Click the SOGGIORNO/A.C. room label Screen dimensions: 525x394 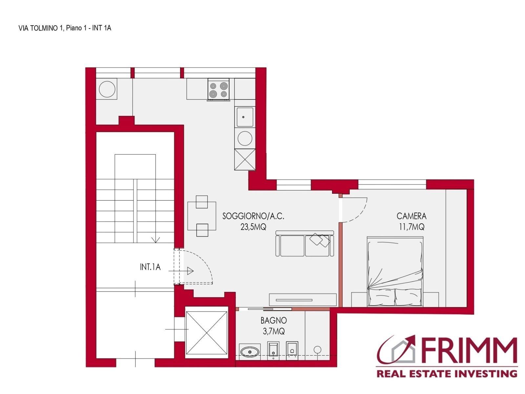tap(253, 216)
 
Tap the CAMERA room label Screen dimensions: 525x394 tap(411, 216)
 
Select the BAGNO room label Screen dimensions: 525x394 tap(274, 320)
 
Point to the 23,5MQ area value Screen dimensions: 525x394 tap(253, 227)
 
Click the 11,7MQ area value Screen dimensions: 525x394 tap(411, 227)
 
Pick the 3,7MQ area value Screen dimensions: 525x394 tap(274, 332)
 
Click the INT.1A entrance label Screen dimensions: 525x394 tap(150, 267)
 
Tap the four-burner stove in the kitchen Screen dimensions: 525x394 tap(219, 89)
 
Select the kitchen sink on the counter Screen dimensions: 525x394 tap(245, 117)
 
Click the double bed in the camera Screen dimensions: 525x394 tap(395, 272)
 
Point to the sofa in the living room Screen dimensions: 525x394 tap(304, 244)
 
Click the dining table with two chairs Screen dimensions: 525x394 tap(202, 216)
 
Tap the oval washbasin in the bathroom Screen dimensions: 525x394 tap(250, 352)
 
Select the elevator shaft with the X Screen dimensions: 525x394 tap(206, 333)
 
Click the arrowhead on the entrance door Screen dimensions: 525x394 tap(190, 271)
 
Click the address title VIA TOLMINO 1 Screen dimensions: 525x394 tap(39, 28)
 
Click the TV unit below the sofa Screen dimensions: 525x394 tap(303, 299)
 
